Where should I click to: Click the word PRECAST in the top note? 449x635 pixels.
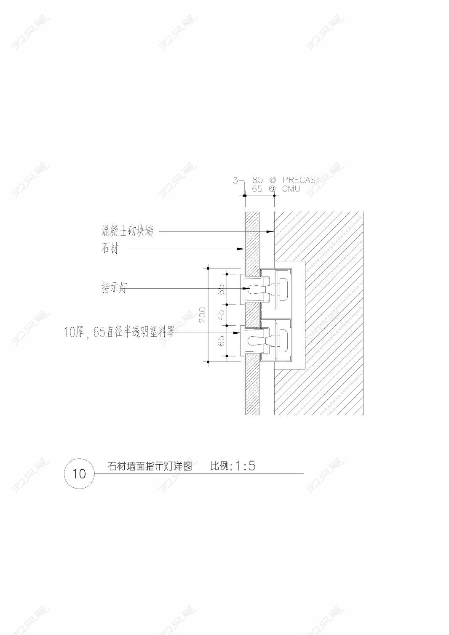coord(301,180)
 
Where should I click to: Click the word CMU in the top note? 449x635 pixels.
coord(291,189)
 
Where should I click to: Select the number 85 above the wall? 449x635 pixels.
coord(257,180)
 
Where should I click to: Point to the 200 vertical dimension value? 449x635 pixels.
coord(203,314)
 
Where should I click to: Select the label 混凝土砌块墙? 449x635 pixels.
coord(128,231)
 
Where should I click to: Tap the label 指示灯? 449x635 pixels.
coord(114,288)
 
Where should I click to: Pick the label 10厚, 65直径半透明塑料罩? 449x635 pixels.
coord(119,332)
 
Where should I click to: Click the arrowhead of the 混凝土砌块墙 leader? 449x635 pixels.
coord(272,231)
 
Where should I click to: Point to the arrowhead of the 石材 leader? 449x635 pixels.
coord(241,249)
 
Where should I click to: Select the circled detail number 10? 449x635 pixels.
coord(79,474)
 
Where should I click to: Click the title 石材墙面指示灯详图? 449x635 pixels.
coord(150,466)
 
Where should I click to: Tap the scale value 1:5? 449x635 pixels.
coord(245,466)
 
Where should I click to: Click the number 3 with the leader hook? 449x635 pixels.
coord(235,181)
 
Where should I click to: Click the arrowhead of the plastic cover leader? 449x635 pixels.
coord(237,332)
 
